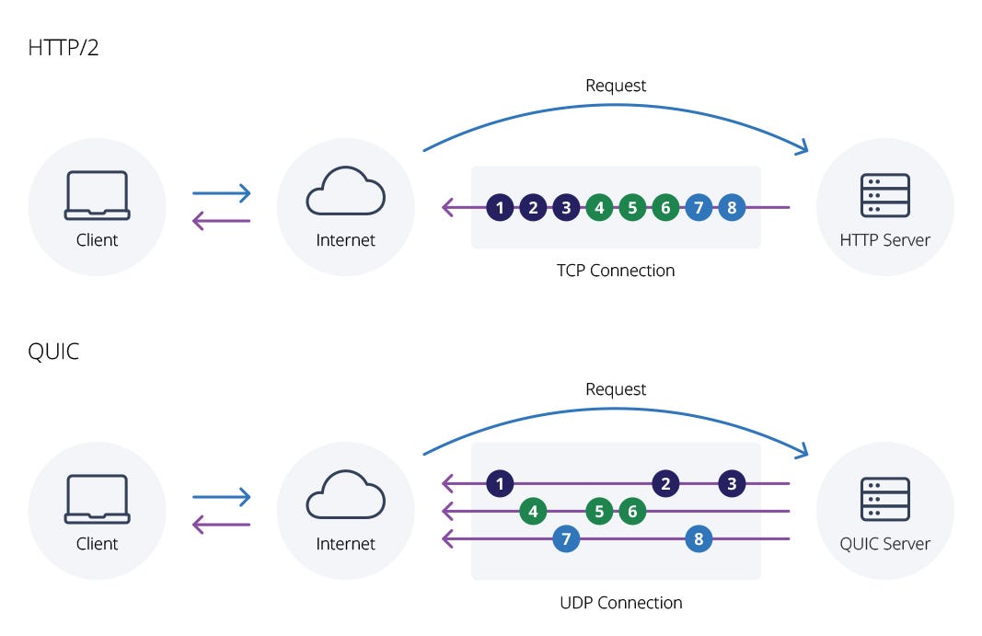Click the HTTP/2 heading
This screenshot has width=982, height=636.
(x=64, y=48)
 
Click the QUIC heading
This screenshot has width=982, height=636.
(x=54, y=352)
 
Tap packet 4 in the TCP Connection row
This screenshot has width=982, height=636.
(x=599, y=207)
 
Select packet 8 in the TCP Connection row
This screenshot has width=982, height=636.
(x=732, y=207)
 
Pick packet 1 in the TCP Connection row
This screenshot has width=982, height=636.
(x=500, y=207)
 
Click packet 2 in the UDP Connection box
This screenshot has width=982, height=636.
(x=665, y=484)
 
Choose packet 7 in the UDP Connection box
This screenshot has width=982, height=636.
(x=566, y=538)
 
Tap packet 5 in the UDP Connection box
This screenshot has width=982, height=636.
(x=599, y=512)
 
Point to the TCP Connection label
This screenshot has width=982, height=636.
(x=616, y=271)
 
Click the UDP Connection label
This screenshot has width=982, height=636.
(x=620, y=603)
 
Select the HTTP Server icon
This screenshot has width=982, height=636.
(x=885, y=195)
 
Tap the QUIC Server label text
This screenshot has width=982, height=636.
(x=885, y=544)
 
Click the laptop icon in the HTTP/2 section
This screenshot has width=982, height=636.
(x=97, y=195)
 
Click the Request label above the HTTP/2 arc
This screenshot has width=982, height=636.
(x=616, y=86)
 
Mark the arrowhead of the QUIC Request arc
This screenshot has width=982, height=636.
(x=803, y=451)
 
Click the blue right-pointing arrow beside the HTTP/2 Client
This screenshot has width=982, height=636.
(x=221, y=193)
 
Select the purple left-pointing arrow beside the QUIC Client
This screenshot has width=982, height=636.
(x=221, y=525)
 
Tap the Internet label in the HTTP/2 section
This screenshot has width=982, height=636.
(x=345, y=240)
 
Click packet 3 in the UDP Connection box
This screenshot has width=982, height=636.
(x=732, y=484)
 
